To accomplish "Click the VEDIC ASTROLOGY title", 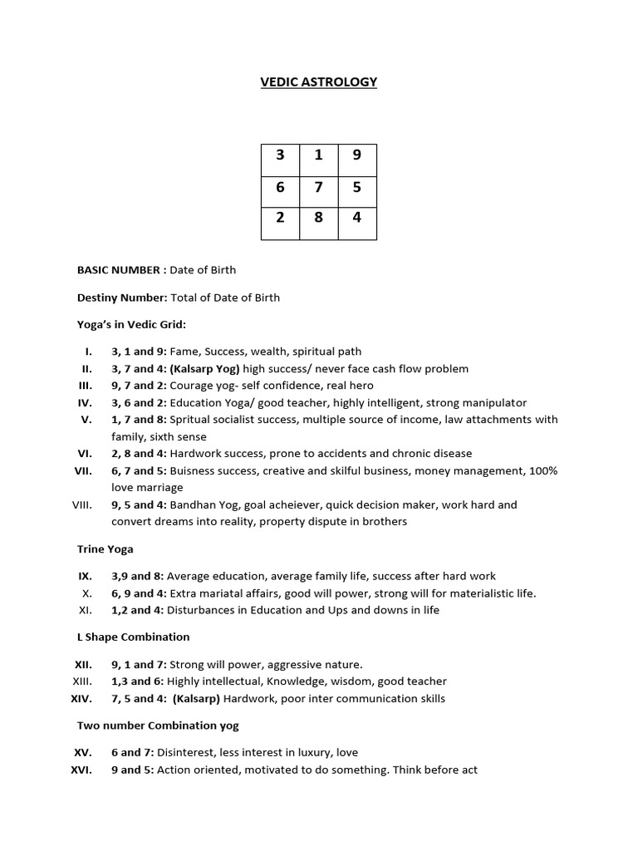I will [319, 81].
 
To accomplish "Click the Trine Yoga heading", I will [106, 548].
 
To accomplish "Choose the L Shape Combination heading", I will [133, 637].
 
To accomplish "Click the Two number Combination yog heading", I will [158, 726].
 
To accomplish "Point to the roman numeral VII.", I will [84, 470].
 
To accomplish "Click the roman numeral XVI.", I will [82, 770].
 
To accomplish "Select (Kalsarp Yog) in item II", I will [199, 368].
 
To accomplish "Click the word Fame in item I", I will [184, 352].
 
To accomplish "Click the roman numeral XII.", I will [83, 664].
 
